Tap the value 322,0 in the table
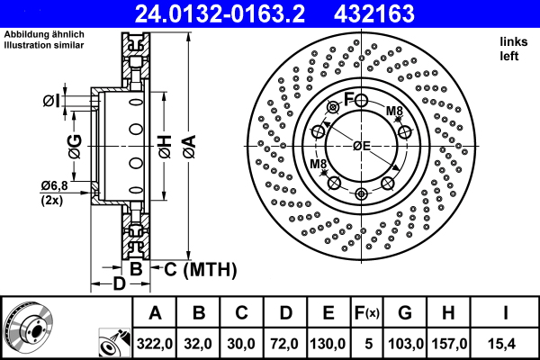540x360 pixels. click(154, 343)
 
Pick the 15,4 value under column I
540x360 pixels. click(507, 343)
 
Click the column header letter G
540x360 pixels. click(404, 313)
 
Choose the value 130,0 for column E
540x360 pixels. click(328, 343)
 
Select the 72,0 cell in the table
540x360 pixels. click(284, 343)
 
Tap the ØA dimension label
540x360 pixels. click(187, 144)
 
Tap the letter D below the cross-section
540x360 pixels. click(117, 286)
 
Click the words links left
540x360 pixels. click(510, 49)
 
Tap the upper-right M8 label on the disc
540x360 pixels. click(394, 112)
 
